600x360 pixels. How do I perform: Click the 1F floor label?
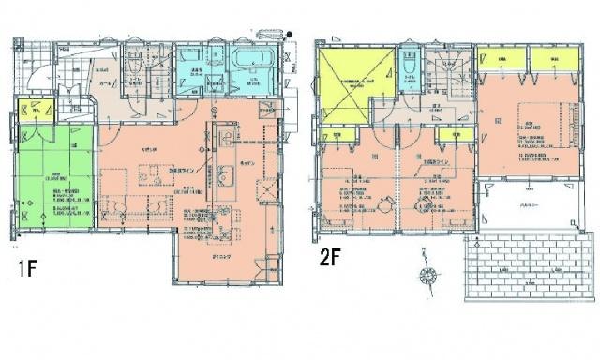tap(27, 266)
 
